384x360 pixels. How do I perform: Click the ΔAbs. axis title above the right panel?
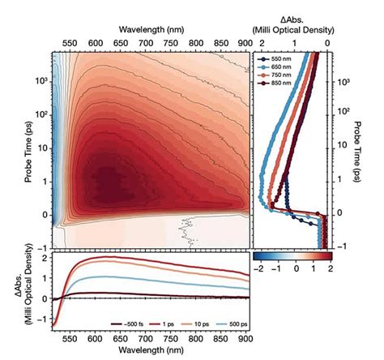point(295,19)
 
